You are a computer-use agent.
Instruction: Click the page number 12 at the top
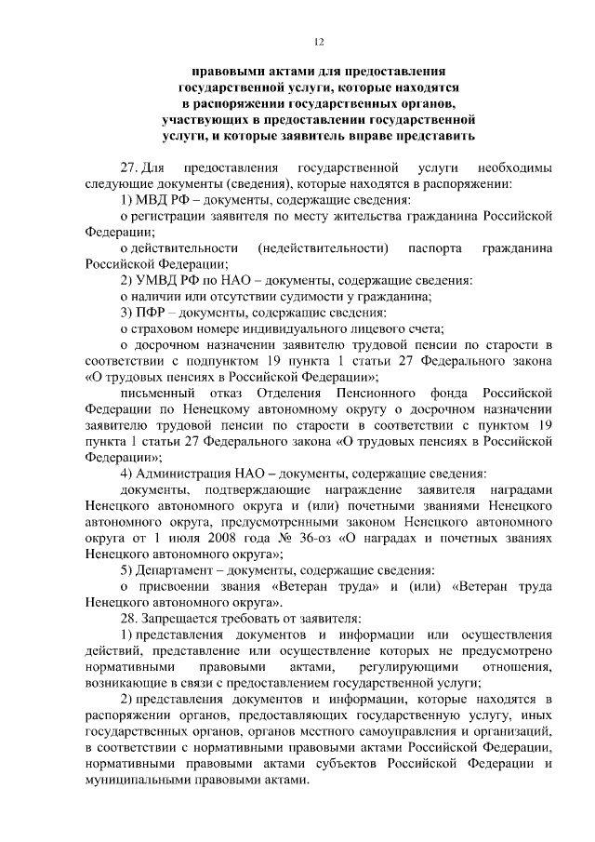[318, 41]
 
